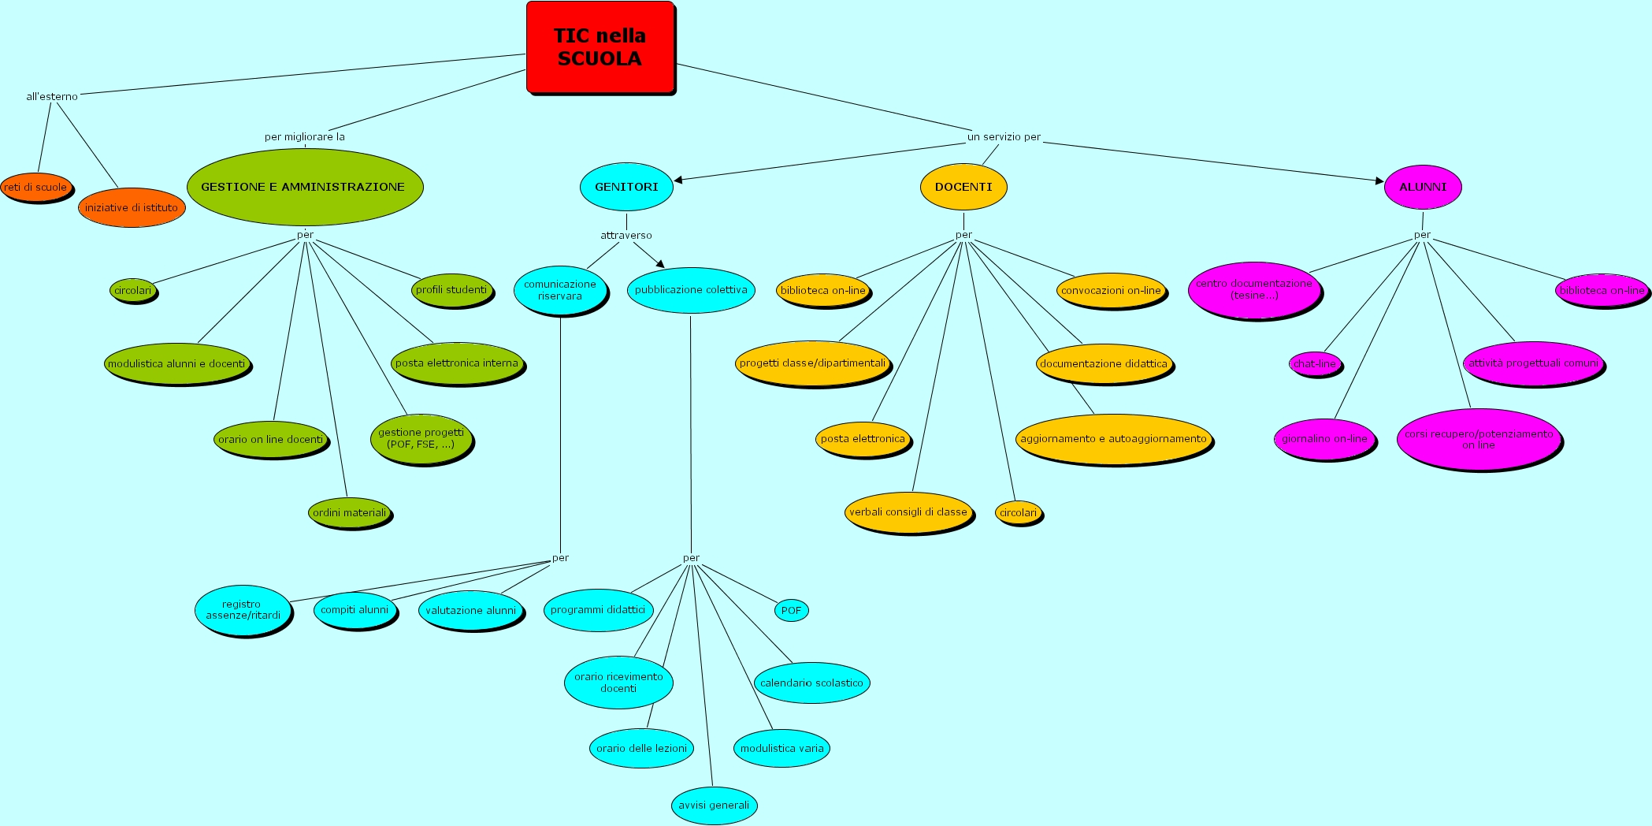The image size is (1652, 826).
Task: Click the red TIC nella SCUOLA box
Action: [600, 47]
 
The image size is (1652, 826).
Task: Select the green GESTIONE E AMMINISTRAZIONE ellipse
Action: [305, 187]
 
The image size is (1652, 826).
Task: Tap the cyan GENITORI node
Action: [626, 187]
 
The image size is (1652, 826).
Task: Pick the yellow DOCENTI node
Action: [963, 187]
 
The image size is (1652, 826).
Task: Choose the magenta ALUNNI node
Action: [1423, 187]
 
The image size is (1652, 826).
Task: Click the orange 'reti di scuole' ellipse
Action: [35, 188]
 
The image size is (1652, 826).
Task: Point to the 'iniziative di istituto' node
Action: [132, 207]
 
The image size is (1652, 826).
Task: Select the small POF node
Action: [791, 610]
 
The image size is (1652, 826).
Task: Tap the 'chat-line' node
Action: [1315, 363]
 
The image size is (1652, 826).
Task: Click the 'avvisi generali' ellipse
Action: [714, 805]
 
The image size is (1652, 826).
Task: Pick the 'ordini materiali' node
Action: [350, 512]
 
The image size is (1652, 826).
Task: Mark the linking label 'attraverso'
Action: [626, 235]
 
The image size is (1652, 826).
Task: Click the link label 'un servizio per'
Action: [1004, 137]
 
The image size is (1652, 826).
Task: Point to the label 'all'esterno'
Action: [52, 97]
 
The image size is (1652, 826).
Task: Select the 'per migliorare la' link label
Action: [305, 137]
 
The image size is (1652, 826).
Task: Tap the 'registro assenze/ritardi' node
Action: [243, 610]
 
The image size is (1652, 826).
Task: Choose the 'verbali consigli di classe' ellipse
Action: [908, 512]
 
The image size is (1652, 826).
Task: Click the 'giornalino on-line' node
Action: [1324, 439]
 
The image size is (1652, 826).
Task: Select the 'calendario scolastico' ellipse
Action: [811, 683]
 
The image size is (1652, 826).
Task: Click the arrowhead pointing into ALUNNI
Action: [1379, 181]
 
